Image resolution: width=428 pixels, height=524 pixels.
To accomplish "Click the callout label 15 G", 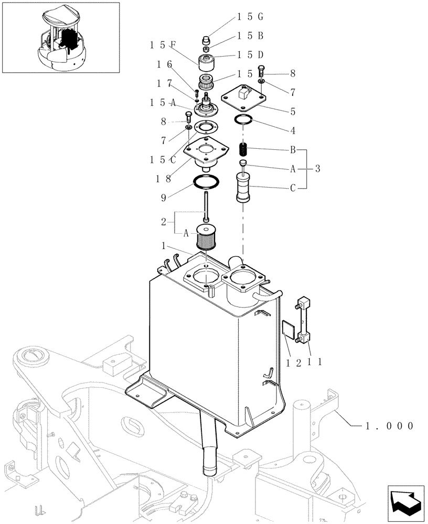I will (x=250, y=17).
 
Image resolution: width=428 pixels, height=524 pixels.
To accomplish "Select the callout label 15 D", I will (x=250, y=54).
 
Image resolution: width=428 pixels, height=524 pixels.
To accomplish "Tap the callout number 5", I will (x=293, y=111).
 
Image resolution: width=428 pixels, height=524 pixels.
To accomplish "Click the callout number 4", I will (x=293, y=130).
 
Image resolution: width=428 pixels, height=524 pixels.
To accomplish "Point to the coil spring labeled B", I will (x=243, y=149).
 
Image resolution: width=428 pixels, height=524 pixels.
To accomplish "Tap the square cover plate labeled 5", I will (x=242, y=97).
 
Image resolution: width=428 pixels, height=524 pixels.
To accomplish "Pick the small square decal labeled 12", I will (x=287, y=329).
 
